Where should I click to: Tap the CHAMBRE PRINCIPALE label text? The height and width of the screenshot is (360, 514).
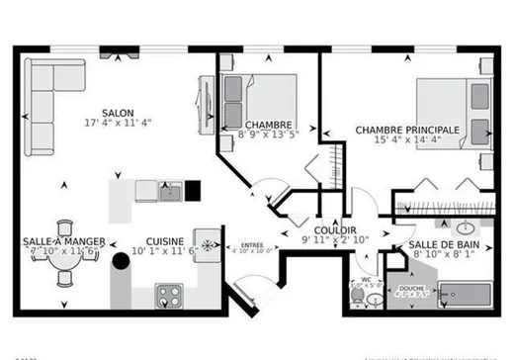pos(406,130)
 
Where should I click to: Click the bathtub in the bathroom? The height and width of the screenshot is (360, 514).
pos(464,295)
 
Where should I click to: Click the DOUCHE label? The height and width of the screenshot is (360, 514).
pos(409,287)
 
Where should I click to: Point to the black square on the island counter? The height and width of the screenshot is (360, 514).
pos(193,189)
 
